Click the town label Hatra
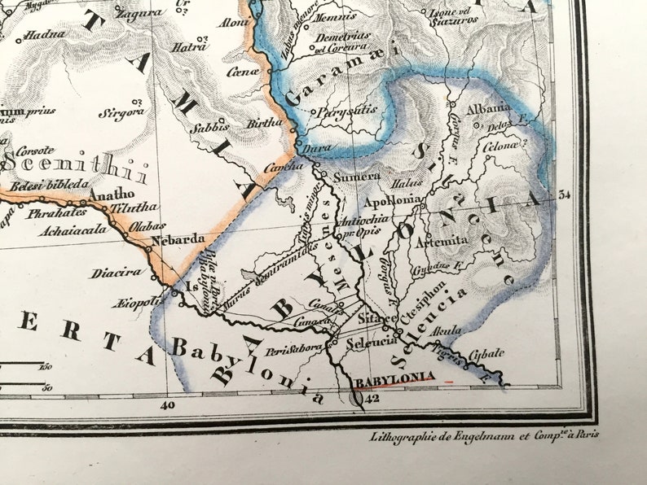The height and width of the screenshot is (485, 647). [189, 47]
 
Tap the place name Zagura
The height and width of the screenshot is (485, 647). [138, 15]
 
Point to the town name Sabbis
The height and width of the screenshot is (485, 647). [205, 128]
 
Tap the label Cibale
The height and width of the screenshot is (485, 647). [486, 352]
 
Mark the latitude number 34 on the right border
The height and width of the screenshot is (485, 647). [565, 194]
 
